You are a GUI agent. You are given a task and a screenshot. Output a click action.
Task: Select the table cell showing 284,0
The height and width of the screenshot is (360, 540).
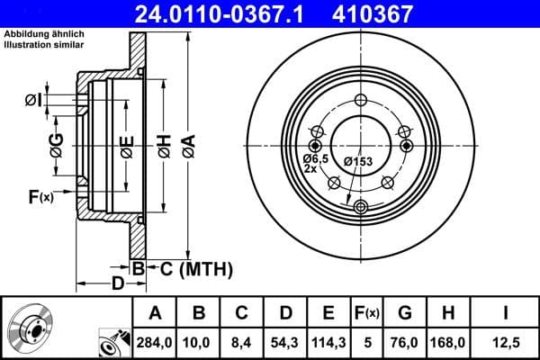tap(154, 342)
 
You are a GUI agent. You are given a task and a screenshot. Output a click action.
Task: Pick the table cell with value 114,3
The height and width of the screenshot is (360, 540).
tap(328, 342)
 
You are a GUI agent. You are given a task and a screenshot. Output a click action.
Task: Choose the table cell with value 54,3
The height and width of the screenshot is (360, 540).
tap(285, 342)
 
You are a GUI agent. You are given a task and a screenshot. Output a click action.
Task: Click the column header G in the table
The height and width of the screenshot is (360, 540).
tap(406, 313)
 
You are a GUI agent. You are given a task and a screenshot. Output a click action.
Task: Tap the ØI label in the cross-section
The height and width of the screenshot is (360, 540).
tap(32, 100)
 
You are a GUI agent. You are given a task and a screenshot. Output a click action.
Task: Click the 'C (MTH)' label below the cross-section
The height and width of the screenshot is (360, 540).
tap(192, 268)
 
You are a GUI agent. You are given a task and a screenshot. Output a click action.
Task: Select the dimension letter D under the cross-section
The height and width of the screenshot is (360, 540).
tap(117, 284)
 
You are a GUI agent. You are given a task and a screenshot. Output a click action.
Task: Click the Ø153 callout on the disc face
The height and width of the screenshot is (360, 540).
tap(357, 161)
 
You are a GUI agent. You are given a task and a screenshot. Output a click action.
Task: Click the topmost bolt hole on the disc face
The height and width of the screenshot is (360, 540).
tap(362, 100)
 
